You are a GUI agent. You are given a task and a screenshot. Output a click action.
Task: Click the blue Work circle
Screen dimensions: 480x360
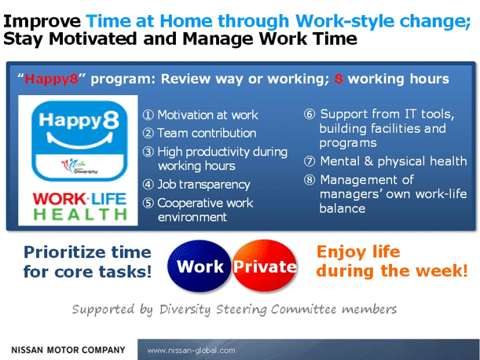click(x=200, y=266)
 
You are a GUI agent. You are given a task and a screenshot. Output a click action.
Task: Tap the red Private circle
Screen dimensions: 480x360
click(x=265, y=266)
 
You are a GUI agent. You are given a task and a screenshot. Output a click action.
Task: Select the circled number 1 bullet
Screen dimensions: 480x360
click(x=148, y=116)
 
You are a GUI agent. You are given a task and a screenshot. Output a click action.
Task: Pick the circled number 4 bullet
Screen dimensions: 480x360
click(x=148, y=185)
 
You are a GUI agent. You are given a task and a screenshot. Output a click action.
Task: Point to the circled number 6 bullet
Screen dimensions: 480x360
click(x=310, y=114)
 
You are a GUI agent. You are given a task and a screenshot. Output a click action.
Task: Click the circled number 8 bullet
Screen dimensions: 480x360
click(x=310, y=180)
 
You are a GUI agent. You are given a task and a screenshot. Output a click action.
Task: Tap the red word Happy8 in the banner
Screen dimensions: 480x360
click(x=51, y=79)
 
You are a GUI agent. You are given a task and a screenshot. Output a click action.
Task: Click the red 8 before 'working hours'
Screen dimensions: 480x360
click(x=339, y=79)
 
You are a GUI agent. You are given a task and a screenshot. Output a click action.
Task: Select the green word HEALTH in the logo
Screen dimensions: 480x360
click(x=80, y=214)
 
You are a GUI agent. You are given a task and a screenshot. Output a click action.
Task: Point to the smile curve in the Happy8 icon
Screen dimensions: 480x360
click(x=79, y=141)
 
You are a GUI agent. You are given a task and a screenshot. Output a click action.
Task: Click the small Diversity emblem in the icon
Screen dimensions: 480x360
click(x=79, y=166)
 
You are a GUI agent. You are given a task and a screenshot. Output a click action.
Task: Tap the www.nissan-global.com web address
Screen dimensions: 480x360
click(x=192, y=351)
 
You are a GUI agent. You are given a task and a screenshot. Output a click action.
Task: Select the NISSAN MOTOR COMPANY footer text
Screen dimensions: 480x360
click(x=68, y=350)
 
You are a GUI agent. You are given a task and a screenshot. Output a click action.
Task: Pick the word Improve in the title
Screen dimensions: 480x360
click(x=42, y=21)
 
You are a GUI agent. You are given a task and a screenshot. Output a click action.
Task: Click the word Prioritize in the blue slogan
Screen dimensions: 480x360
click(x=65, y=252)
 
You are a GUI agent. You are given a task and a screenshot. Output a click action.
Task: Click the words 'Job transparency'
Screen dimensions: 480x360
click(x=203, y=185)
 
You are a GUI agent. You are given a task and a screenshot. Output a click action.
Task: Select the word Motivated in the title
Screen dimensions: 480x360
click(x=93, y=39)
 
